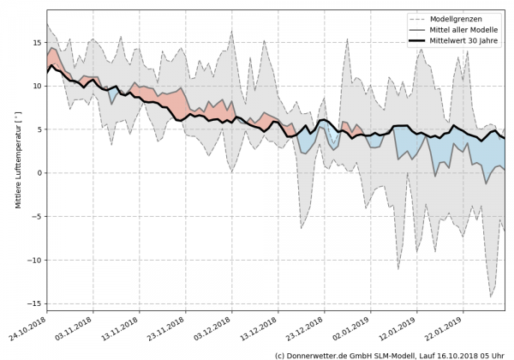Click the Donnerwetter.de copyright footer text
coord(391,354)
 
